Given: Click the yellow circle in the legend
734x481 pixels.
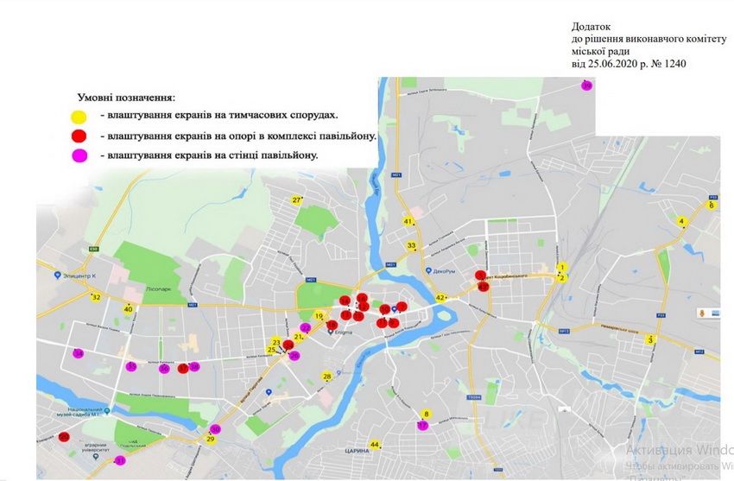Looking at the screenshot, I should [78, 116].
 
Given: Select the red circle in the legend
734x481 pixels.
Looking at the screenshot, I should [78, 136].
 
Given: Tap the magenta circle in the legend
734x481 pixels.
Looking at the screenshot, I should [78, 155].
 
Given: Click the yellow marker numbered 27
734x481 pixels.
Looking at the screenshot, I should [296, 200].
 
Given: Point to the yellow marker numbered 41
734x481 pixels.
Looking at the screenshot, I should [408, 222].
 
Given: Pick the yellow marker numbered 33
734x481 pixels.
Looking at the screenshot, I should [412, 246].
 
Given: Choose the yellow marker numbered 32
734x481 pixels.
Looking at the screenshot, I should [96, 297].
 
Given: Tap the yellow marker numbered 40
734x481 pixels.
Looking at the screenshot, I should [128, 309].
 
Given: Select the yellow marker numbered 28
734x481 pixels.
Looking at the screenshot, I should [327, 377].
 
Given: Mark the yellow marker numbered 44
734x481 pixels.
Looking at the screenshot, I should [374, 445].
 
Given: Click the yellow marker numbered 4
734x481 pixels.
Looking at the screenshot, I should [681, 221].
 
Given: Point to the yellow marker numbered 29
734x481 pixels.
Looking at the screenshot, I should [210, 439].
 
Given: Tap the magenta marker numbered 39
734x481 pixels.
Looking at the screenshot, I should [586, 85].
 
